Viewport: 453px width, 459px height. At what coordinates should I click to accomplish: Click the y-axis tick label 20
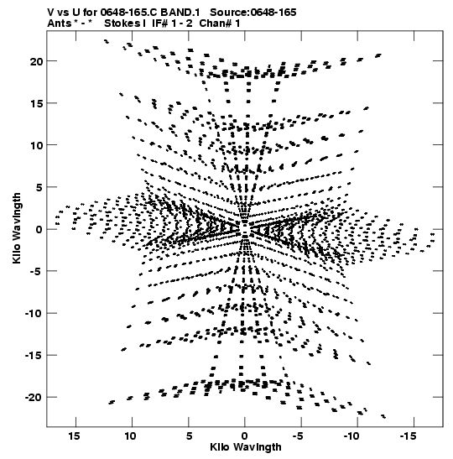(x=36, y=61)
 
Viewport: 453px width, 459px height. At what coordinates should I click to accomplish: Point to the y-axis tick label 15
(x=36, y=103)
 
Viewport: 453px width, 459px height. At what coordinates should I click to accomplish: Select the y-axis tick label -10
(x=34, y=314)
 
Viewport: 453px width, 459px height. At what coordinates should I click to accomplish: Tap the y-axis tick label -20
(x=34, y=398)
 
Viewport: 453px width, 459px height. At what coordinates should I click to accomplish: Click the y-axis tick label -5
(x=36, y=271)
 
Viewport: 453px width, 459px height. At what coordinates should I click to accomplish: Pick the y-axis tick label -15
(x=34, y=356)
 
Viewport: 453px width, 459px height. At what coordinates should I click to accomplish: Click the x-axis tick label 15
(x=75, y=436)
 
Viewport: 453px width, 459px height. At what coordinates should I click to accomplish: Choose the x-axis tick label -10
(x=351, y=436)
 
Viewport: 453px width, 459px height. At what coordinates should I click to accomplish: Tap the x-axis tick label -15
(x=408, y=436)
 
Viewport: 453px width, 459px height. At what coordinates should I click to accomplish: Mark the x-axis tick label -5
(x=298, y=436)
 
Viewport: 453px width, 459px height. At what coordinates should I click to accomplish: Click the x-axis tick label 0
(x=244, y=436)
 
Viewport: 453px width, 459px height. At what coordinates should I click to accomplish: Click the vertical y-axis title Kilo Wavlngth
(x=17, y=228)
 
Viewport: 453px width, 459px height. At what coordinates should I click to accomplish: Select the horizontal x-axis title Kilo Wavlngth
(x=246, y=447)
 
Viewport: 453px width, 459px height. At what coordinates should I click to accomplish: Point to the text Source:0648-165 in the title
(x=253, y=13)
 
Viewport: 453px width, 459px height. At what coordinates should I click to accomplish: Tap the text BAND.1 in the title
(x=180, y=13)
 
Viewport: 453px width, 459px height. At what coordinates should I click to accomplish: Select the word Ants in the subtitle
(x=59, y=23)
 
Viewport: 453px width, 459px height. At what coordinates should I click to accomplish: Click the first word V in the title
(x=50, y=13)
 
